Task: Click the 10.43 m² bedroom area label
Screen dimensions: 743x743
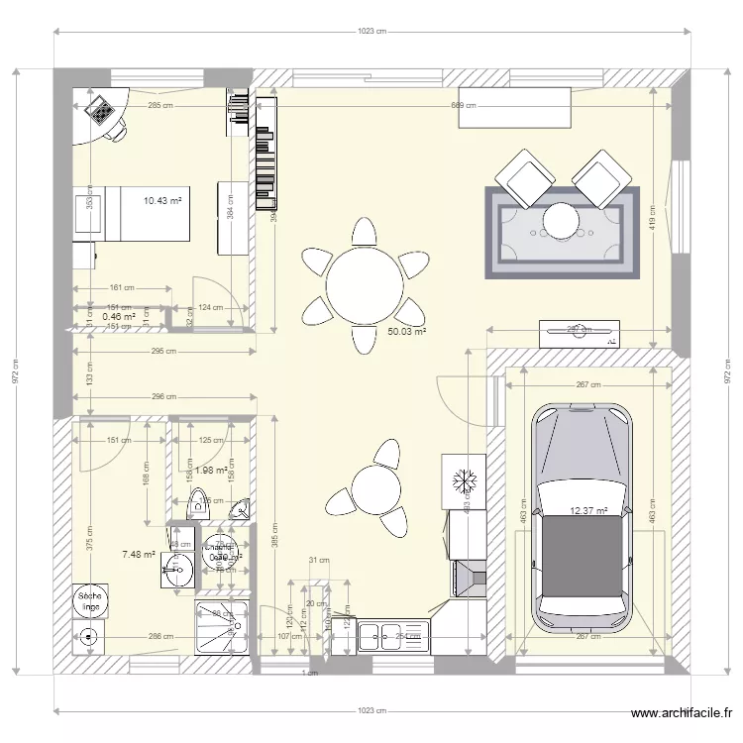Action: [162, 201]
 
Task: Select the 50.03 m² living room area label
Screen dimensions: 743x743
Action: [406, 333]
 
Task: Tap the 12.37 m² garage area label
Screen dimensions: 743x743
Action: [587, 511]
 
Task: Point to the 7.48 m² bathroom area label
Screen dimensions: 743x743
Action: [139, 555]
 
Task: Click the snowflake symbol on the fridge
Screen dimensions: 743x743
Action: [463, 480]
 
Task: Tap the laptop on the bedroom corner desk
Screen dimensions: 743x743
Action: [100, 111]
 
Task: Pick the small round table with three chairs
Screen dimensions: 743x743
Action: [374, 489]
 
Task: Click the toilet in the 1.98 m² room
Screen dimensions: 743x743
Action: [198, 504]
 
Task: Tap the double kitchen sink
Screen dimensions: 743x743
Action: [391, 635]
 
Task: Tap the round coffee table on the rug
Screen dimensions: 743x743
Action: [563, 220]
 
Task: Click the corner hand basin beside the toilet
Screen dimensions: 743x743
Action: [239, 510]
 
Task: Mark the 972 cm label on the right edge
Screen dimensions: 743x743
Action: [729, 371]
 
